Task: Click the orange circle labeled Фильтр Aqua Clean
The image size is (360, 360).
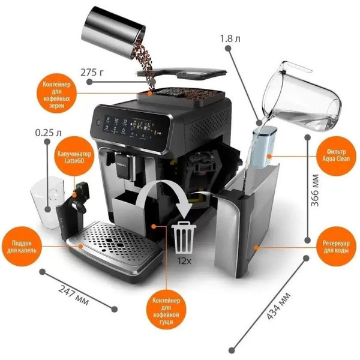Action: point(335,156)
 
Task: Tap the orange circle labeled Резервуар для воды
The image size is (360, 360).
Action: point(335,247)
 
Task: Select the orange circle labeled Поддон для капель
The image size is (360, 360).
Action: point(22,247)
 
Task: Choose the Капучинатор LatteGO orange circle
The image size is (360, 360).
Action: point(74,157)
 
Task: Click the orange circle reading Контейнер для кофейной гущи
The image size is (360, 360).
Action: point(166,310)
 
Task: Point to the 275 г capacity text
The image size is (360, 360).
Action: point(92,73)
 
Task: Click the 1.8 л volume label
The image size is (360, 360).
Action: point(230,38)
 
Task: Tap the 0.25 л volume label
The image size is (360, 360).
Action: point(48,133)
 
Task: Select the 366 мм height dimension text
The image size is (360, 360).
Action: point(314,190)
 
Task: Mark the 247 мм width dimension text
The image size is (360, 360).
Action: point(73,295)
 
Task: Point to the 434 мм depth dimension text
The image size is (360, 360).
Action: point(278,307)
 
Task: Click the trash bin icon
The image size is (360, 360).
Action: point(184,237)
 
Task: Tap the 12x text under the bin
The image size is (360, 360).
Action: point(184,261)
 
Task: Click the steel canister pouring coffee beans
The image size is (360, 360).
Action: point(114,32)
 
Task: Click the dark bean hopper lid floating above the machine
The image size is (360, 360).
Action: point(181,73)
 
